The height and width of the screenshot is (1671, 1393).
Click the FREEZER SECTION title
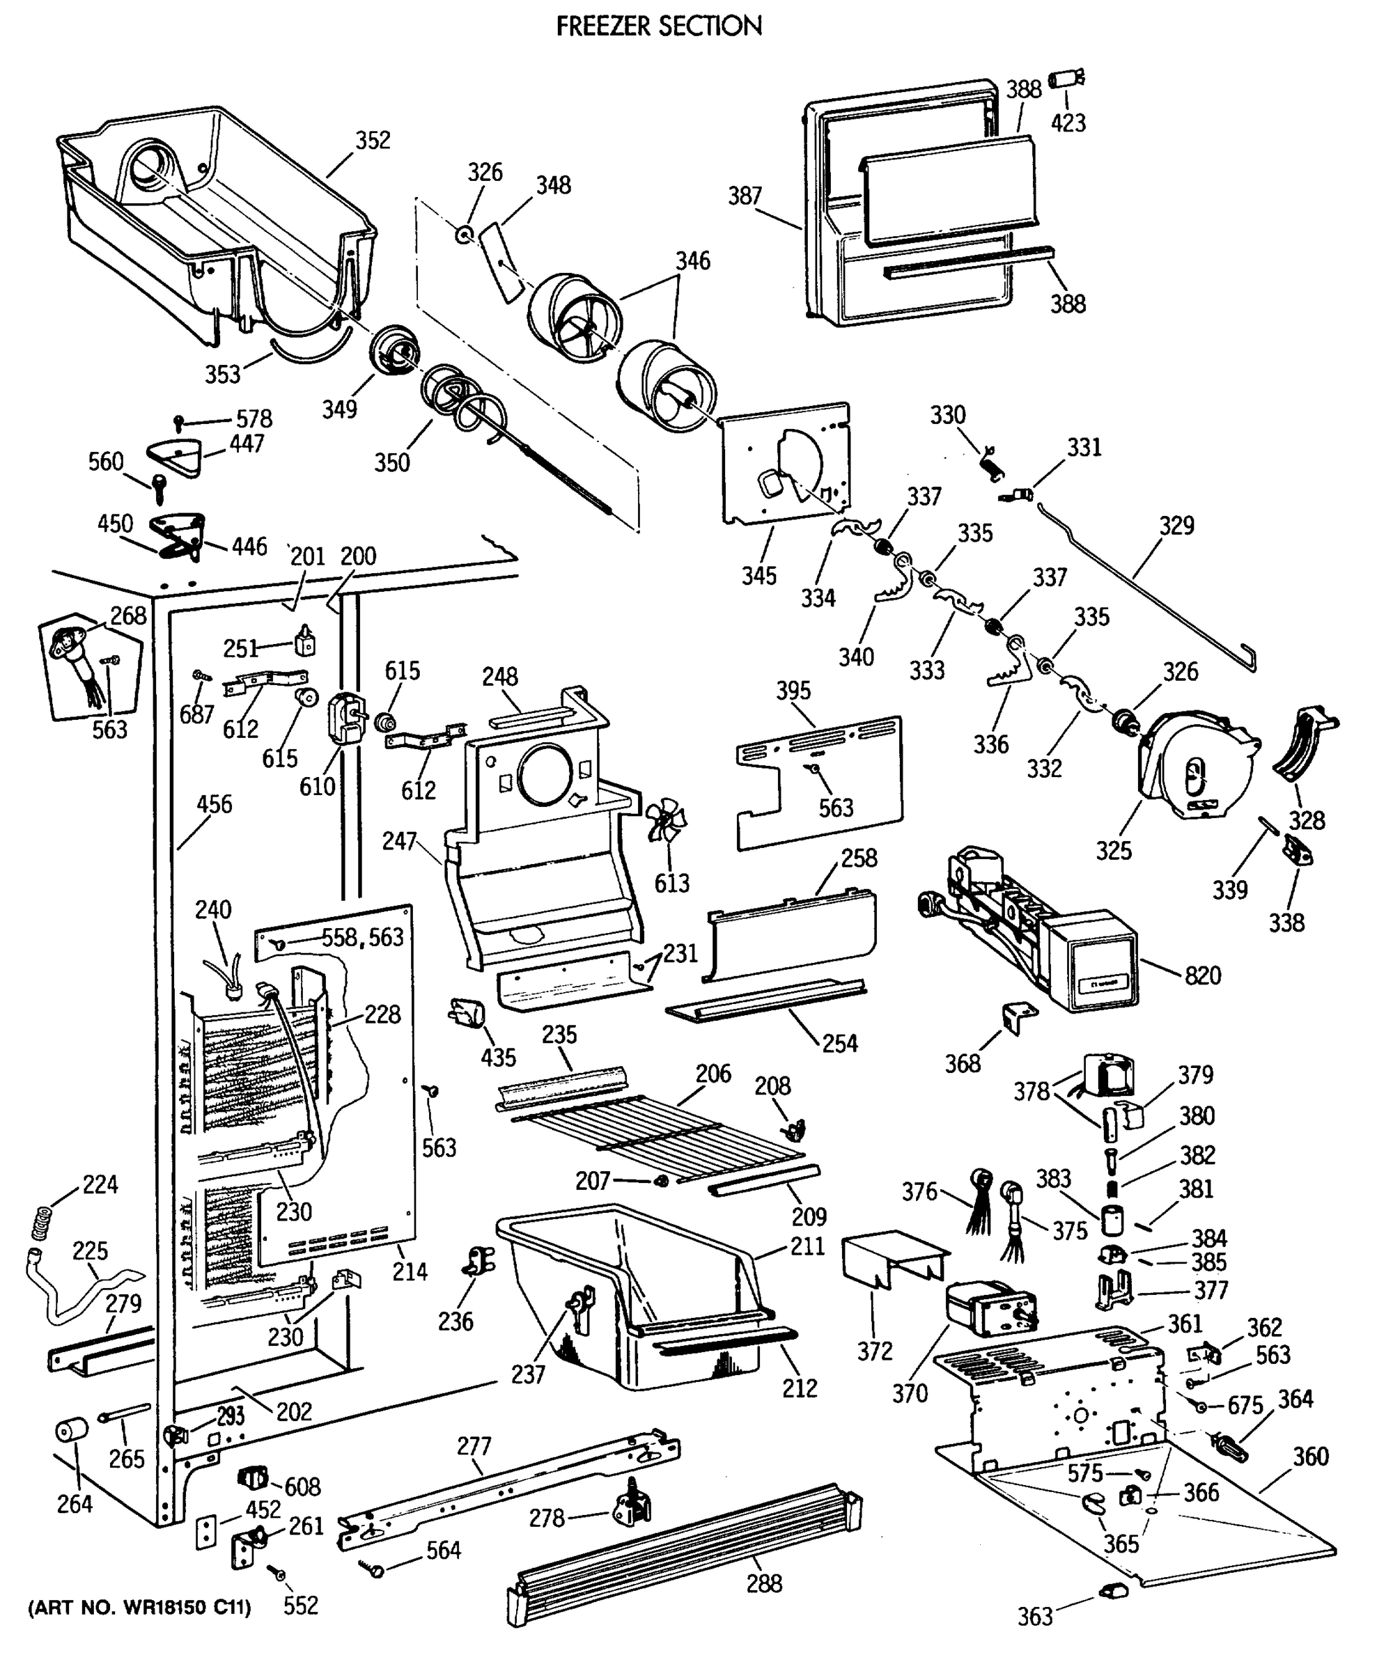[x=658, y=26]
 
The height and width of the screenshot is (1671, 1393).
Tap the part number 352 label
[x=373, y=140]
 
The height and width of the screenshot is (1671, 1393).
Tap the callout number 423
[x=1068, y=123]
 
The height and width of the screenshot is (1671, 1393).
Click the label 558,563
[x=362, y=937]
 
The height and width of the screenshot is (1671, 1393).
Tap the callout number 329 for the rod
[x=1176, y=525]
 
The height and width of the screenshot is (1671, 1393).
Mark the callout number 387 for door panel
[x=745, y=196]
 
